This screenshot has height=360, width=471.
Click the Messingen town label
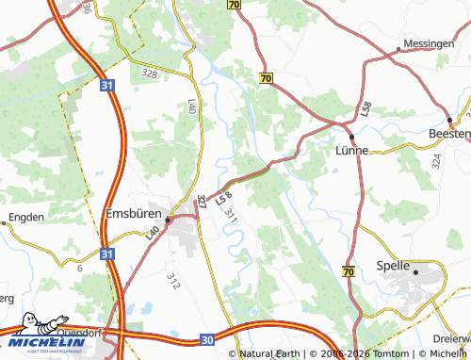tap(429, 44)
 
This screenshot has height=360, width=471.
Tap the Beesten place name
tap(448, 136)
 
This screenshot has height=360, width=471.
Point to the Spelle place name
tap(393, 266)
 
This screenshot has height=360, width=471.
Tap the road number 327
tap(202, 201)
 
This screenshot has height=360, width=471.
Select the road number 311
tap(230, 215)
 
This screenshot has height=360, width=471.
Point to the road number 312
tap(172, 280)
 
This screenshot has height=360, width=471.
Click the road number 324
tap(436, 160)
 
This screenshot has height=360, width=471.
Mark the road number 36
tap(87, 8)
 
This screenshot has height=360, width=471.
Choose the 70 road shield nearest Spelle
tap(349, 271)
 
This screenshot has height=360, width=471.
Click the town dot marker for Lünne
tap(351, 136)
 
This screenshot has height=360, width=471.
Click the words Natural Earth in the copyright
tap(275, 354)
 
